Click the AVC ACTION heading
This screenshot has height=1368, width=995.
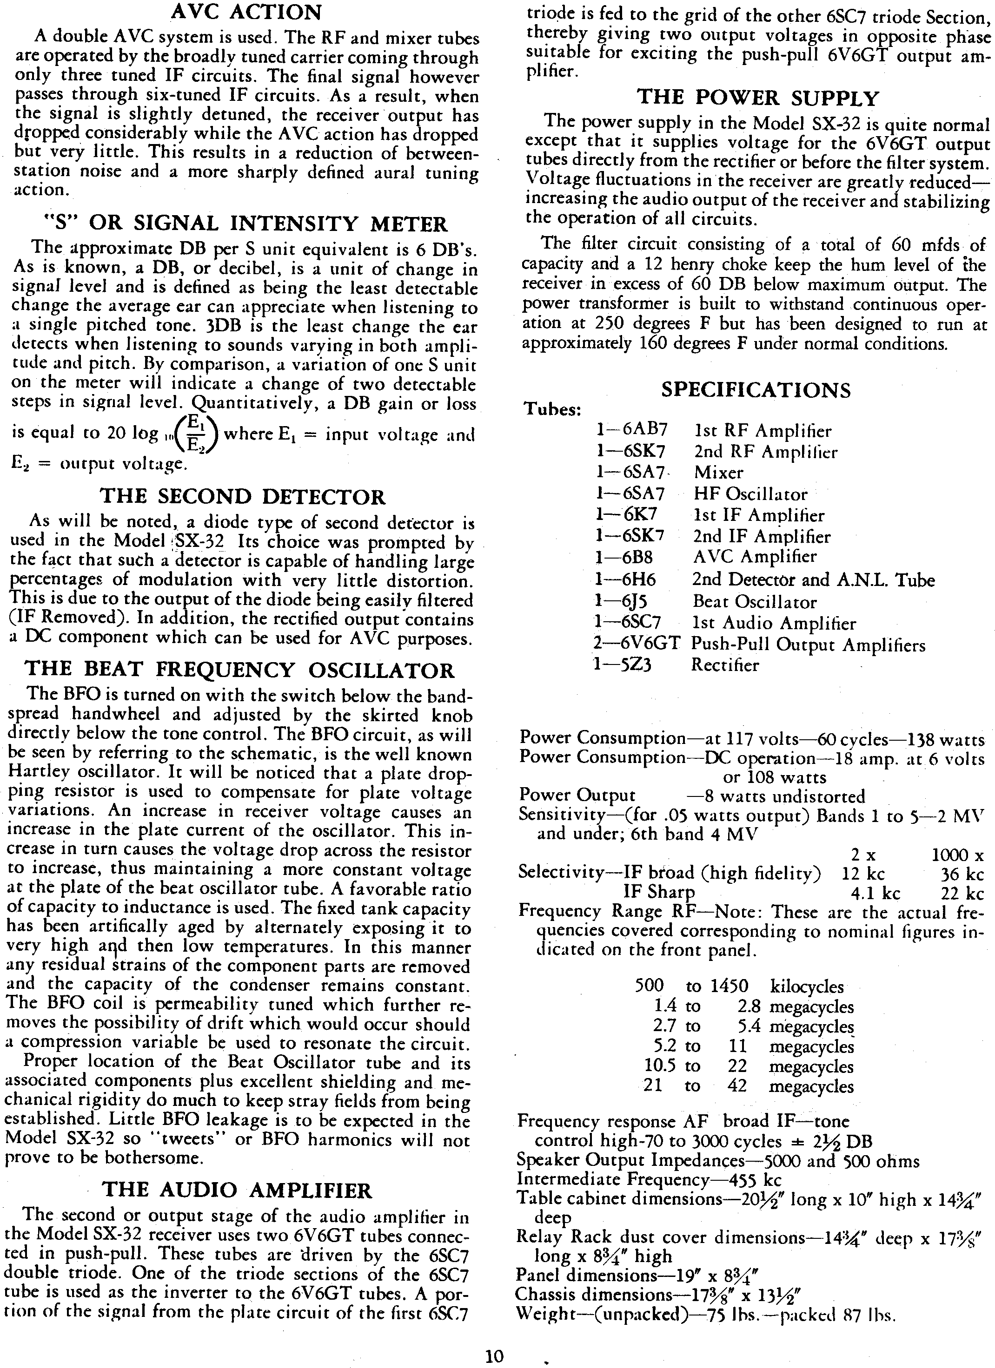point(246,12)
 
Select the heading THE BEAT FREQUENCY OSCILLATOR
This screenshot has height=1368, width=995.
point(239,670)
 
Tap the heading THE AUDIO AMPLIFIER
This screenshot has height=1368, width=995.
point(238,1190)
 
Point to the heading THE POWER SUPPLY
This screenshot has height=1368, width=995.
point(758,98)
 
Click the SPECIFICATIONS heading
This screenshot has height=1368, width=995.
point(756,390)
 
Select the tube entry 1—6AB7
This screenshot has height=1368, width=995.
point(632,430)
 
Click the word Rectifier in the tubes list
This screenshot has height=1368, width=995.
point(726,665)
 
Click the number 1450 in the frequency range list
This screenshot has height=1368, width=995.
point(729,987)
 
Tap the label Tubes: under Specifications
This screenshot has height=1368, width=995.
point(552,410)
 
